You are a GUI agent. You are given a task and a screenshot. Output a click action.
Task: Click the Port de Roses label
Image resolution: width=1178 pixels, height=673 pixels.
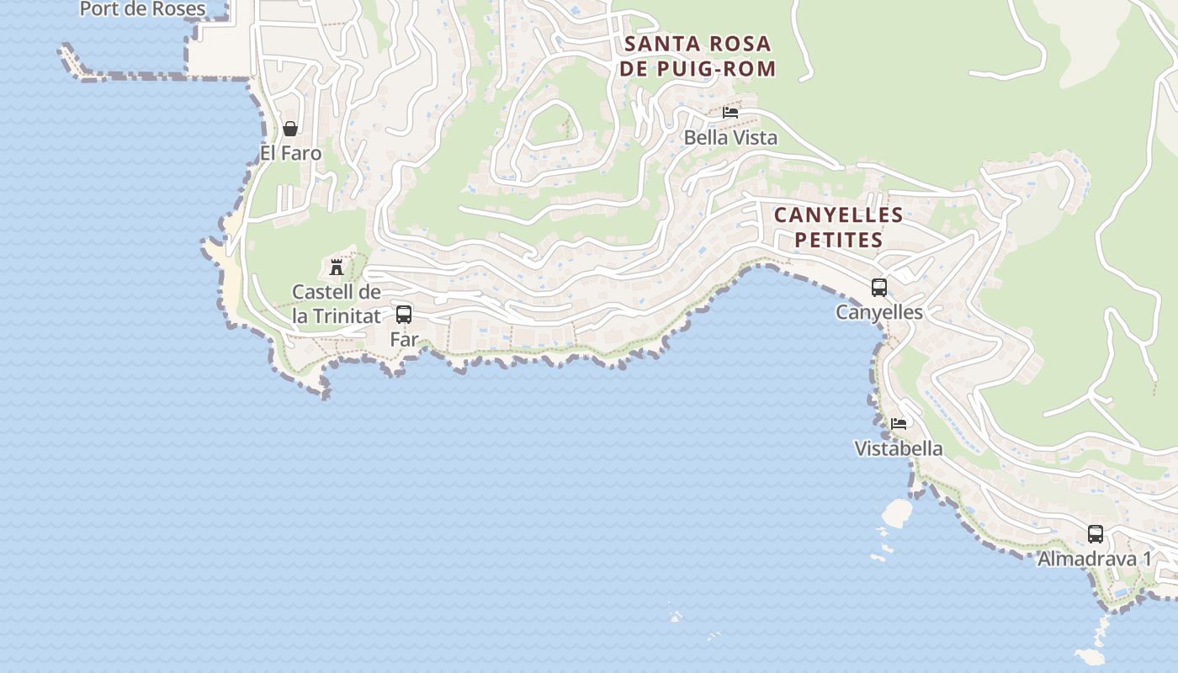142,9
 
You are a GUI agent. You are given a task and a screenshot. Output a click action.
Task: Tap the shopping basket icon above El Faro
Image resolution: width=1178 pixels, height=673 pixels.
290,129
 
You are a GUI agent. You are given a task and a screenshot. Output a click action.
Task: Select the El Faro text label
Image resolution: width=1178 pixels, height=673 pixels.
290,153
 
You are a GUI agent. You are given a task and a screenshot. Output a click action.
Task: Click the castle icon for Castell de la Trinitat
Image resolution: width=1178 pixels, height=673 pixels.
337,268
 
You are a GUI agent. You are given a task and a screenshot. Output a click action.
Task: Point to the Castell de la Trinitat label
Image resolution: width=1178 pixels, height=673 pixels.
337,304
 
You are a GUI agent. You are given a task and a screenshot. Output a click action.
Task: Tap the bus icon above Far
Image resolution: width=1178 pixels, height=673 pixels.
404,315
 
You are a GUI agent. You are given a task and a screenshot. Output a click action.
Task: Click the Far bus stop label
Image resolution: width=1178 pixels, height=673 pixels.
404,340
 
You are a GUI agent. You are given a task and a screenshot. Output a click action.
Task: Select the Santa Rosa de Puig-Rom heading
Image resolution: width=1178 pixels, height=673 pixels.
698,56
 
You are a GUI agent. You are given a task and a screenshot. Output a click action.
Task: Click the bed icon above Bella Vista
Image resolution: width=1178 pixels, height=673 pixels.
730,112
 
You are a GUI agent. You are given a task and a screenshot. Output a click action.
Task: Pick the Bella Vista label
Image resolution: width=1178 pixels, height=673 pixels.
730,137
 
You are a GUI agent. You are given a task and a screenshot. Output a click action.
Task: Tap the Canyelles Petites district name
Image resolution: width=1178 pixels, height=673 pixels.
839,227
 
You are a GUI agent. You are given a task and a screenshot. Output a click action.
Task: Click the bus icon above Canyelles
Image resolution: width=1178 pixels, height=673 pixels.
879,288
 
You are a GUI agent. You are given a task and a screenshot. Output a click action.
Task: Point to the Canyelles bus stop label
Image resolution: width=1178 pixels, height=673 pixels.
879,312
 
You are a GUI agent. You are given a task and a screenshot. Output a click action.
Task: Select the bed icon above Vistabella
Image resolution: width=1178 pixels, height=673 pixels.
899,423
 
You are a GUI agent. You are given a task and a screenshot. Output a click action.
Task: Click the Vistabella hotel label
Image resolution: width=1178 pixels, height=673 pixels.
899,448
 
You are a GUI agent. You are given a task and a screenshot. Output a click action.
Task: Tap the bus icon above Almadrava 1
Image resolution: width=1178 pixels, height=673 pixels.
1096,533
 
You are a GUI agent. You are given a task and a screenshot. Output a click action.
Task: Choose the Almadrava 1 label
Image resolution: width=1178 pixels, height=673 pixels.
1095,559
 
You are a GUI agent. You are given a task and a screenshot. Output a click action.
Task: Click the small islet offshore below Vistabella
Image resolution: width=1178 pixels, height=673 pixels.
897,511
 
